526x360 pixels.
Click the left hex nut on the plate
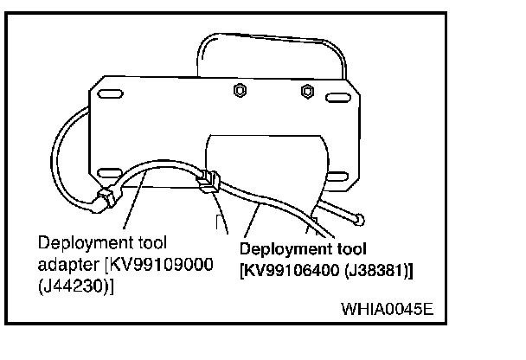(240, 89)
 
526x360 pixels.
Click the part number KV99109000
(168, 264)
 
